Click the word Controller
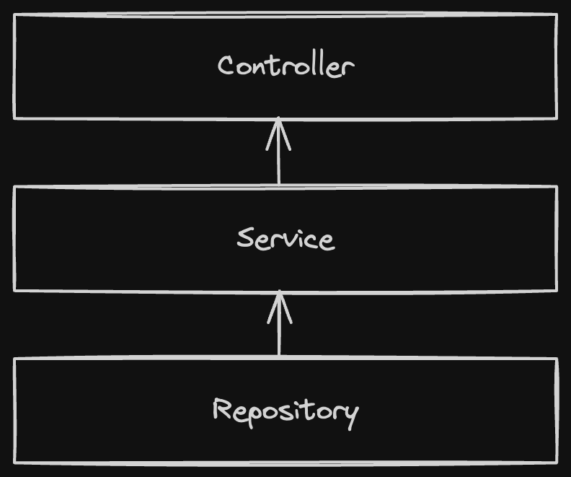click(x=285, y=66)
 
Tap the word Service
click(x=285, y=238)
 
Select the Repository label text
click(x=285, y=411)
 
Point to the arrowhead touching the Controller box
click(x=278, y=130)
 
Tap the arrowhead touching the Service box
click(x=279, y=302)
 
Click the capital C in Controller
click(x=227, y=66)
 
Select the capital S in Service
click(x=246, y=237)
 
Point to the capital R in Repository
click(x=222, y=409)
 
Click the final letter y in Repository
click(x=350, y=413)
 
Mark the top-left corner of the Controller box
click(x=14, y=14)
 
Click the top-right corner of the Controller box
click(x=557, y=14)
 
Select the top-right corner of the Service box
click(x=557, y=186)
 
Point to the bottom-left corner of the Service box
click(x=14, y=290)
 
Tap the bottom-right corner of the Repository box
click(x=557, y=462)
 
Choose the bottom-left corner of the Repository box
click(x=14, y=462)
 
